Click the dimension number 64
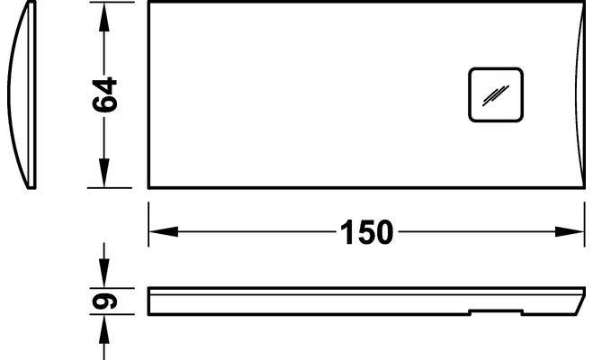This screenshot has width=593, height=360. tap(105, 94)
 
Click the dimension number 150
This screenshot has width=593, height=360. tap(366, 232)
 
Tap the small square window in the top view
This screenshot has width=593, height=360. tap(495, 94)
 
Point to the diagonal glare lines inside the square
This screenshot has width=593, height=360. tap(495, 94)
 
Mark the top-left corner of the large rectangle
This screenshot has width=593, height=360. tap(149, 3)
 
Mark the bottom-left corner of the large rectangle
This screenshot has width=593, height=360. tap(149, 187)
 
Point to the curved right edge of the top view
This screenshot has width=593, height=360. tap(575, 94)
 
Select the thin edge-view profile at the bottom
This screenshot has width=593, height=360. tap(360, 301)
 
